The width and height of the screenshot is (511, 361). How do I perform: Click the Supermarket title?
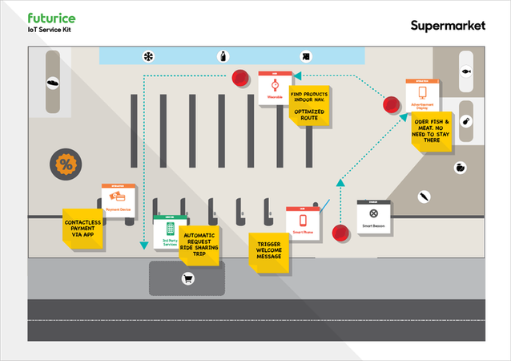(448, 25)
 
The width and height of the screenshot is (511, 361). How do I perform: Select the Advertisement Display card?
(421, 95)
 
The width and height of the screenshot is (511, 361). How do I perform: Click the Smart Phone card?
(303, 222)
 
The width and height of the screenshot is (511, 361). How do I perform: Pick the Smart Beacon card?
(372, 216)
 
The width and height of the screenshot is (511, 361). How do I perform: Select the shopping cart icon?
(187, 279)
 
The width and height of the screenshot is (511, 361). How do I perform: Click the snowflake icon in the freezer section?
(148, 56)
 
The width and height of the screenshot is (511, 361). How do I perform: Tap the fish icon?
(465, 71)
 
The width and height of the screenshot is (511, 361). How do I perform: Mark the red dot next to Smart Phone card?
(341, 233)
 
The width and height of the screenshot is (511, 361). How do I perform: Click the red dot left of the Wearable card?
(239, 78)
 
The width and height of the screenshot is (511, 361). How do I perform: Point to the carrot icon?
(424, 196)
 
